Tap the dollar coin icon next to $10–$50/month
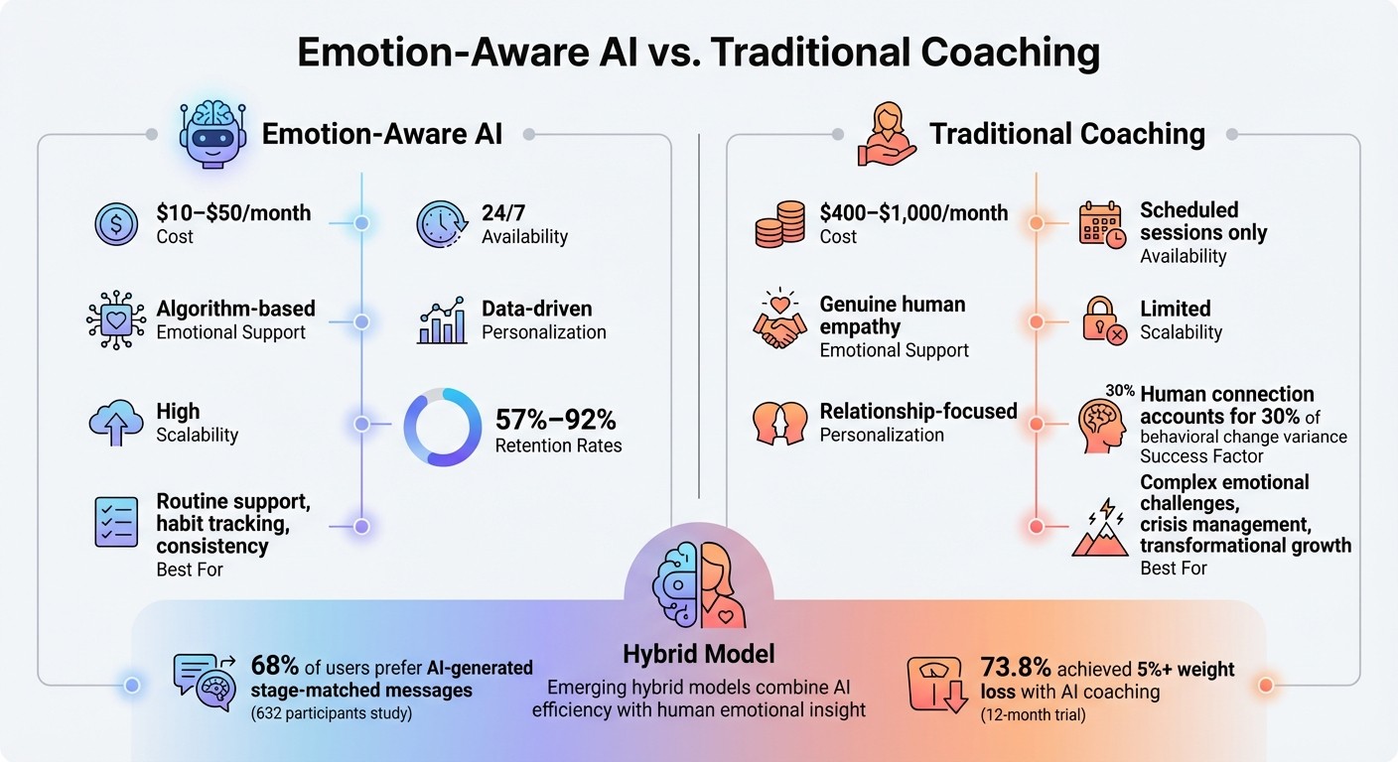117,224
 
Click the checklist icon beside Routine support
117,522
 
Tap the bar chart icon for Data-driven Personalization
442,319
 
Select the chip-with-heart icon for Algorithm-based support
117,319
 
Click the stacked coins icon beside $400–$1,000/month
779,224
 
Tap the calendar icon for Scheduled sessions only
1101,224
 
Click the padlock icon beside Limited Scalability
1103,319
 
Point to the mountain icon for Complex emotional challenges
1100,533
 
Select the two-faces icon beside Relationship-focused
779,424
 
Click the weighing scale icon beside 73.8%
937,685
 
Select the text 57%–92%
556,419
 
